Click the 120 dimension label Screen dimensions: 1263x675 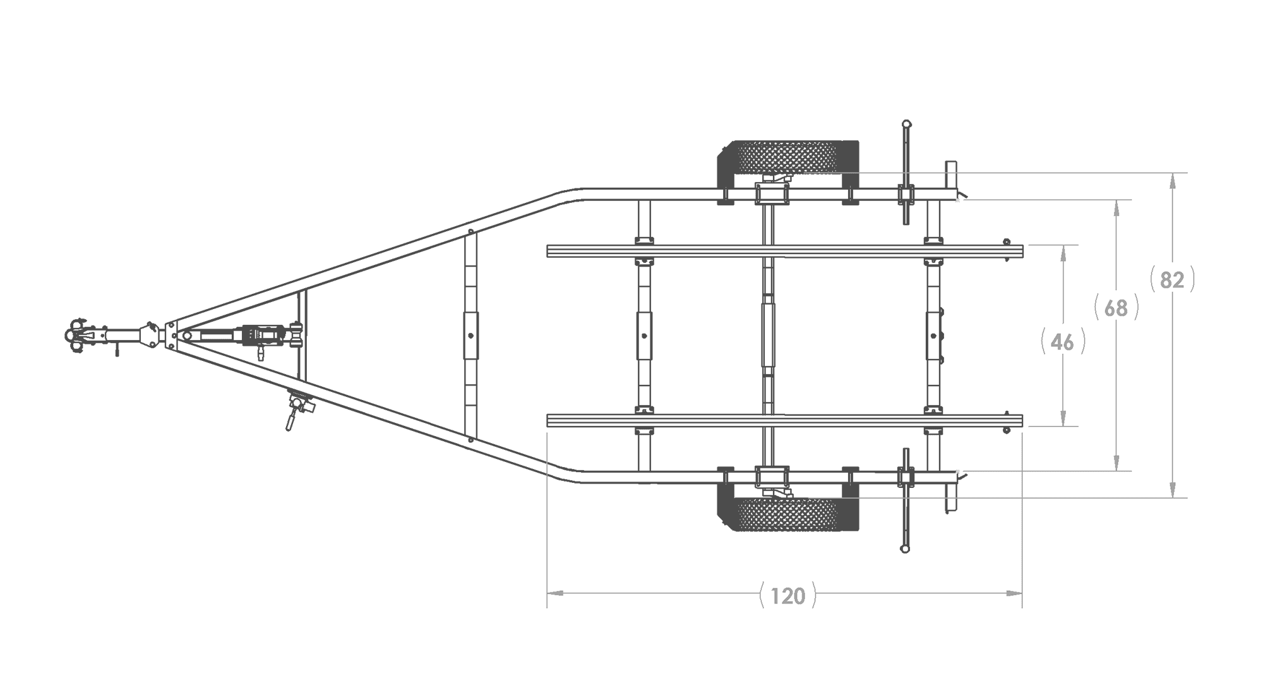pyautogui.click(x=788, y=595)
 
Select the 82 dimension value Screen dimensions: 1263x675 pyautogui.click(x=1172, y=279)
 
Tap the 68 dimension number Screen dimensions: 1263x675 pyautogui.click(x=1116, y=308)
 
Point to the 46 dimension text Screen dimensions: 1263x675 pyautogui.click(x=1063, y=342)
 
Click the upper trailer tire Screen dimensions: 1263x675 pyautogui.click(x=787, y=158)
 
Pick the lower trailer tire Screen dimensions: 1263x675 pyautogui.click(x=787, y=513)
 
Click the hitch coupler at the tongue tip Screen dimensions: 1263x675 pyautogui.click(x=79, y=336)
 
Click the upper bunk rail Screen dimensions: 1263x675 pyautogui.click(x=784, y=251)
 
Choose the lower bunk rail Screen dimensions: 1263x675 pyautogui.click(x=784, y=420)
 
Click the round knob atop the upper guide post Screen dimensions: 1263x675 pyautogui.click(x=907, y=124)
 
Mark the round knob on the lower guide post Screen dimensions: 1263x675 pyautogui.click(x=905, y=549)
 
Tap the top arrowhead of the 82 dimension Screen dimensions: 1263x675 pyautogui.click(x=1172, y=181)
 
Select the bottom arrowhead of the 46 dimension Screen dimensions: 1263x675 pyautogui.click(x=1063, y=418)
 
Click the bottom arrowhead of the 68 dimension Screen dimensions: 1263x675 pyautogui.click(x=1116, y=463)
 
